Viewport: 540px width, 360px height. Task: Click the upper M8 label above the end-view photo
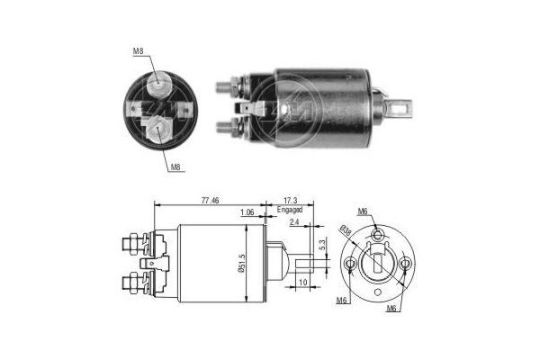tap(139, 51)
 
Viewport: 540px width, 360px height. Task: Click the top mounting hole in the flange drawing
tap(378, 232)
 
